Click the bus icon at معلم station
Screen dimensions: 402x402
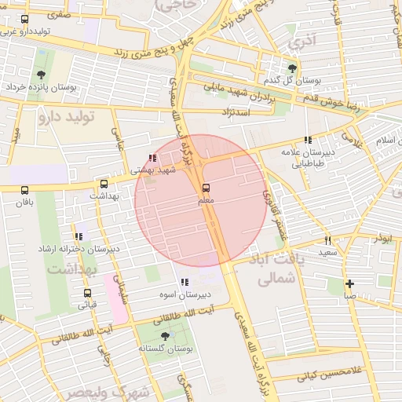[x=206, y=188]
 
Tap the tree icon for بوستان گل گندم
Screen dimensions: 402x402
[x=293, y=68]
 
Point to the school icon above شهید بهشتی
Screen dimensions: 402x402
[x=152, y=158]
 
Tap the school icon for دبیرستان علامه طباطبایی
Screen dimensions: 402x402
[x=318, y=140]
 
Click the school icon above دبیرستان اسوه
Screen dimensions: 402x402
[x=185, y=282]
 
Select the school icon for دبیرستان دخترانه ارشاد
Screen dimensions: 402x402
[x=78, y=236]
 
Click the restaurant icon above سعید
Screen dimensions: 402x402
[x=327, y=240]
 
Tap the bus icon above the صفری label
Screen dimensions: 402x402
[x=24, y=19]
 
